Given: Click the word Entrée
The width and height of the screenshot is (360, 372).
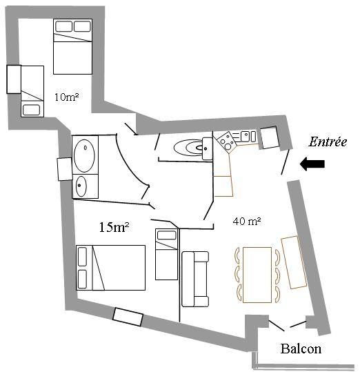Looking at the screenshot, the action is tap(328, 142).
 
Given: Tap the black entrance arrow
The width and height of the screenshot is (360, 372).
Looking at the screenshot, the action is tap(312, 164).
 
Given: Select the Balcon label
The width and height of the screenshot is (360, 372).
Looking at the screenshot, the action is tap(301, 349).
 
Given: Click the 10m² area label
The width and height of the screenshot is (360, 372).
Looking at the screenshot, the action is tap(67, 97).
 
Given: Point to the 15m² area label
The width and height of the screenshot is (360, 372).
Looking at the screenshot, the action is tap(114, 227).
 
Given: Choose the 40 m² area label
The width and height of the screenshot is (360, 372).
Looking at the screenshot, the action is tap(247, 221).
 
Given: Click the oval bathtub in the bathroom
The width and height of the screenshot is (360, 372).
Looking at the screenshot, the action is tap(84, 156).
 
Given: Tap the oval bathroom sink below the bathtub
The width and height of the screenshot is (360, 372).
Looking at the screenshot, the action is tap(81, 186).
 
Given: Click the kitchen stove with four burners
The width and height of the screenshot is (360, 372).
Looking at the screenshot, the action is tap(227, 141).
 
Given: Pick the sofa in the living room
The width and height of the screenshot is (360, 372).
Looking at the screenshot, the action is tap(195, 279).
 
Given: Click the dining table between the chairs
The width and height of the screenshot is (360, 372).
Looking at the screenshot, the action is tap(257, 275).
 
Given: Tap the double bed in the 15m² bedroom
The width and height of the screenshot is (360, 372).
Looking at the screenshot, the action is tap(110, 268).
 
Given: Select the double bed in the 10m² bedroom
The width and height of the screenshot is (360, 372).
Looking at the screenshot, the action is tap(72, 46).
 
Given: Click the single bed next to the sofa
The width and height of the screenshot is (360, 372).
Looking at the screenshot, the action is tap(166, 254).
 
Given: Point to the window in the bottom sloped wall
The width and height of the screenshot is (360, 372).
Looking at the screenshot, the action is tap(128, 317).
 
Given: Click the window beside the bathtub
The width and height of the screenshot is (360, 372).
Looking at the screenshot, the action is tap(65, 169).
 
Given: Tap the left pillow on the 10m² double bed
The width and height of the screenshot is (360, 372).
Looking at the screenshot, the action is tap(63, 26).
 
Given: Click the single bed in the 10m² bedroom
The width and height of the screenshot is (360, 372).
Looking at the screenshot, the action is tap(32, 91).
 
